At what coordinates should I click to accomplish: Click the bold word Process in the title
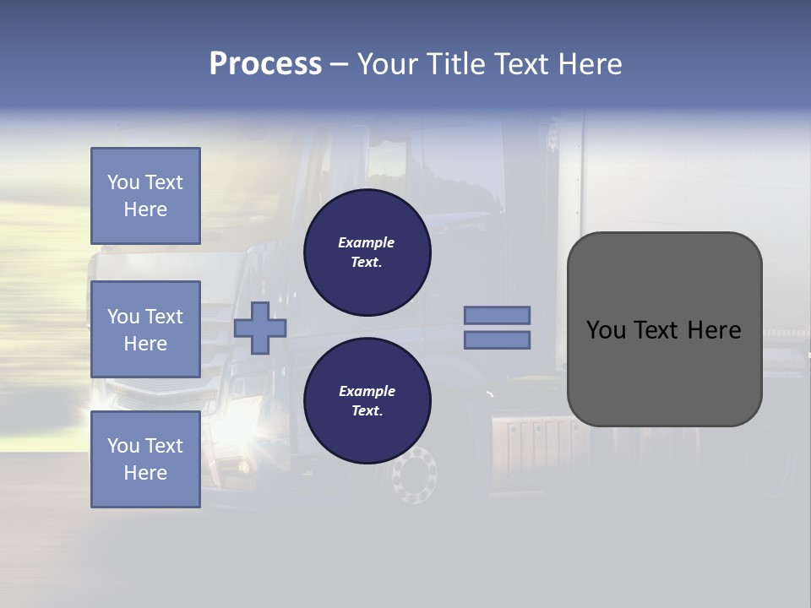pos(265,64)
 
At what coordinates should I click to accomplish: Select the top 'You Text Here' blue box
pos(145,196)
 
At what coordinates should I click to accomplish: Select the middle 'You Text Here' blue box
pos(145,329)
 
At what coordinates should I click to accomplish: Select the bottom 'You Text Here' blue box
pos(145,459)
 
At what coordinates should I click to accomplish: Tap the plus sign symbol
pos(260,328)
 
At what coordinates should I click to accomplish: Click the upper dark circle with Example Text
pos(367,252)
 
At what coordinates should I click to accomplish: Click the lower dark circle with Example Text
pos(367,401)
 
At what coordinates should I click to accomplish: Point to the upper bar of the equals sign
pos(498,316)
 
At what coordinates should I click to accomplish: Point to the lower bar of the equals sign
pos(498,340)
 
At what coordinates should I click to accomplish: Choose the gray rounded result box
pos(665,329)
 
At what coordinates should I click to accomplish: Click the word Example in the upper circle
pos(367,242)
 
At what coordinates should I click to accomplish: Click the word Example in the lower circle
pos(367,391)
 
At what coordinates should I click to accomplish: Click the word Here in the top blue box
pos(145,209)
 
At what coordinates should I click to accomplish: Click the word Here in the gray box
pos(714,330)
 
